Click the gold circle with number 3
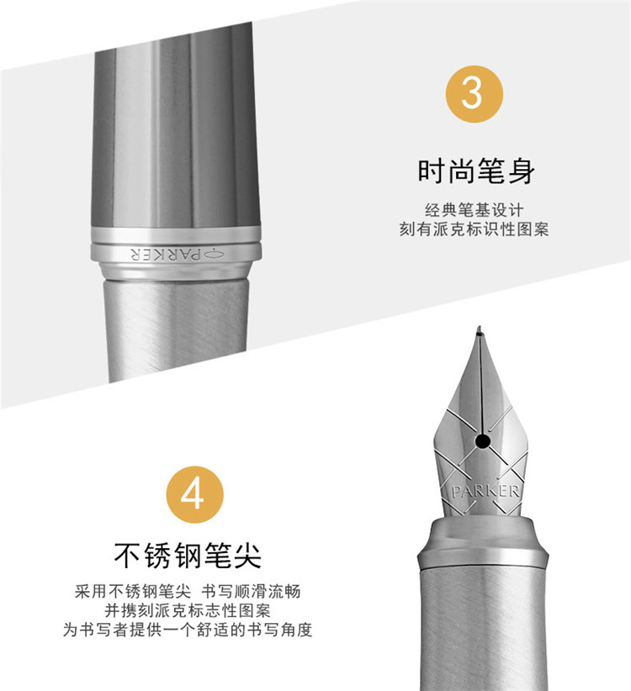(474, 94)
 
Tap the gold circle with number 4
(194, 494)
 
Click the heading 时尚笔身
(476, 171)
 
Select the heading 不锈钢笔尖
(188, 556)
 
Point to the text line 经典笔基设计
(475, 210)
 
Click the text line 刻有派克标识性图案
(475, 229)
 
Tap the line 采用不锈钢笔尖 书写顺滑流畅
(188, 592)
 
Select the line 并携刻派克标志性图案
(188, 611)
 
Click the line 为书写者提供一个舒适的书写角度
(188, 630)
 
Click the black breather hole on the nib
(483, 440)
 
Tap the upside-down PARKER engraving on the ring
(167, 254)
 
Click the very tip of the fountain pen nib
(480, 328)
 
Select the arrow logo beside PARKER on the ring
(215, 254)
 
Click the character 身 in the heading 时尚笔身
(522, 171)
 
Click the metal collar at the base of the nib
(483, 542)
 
